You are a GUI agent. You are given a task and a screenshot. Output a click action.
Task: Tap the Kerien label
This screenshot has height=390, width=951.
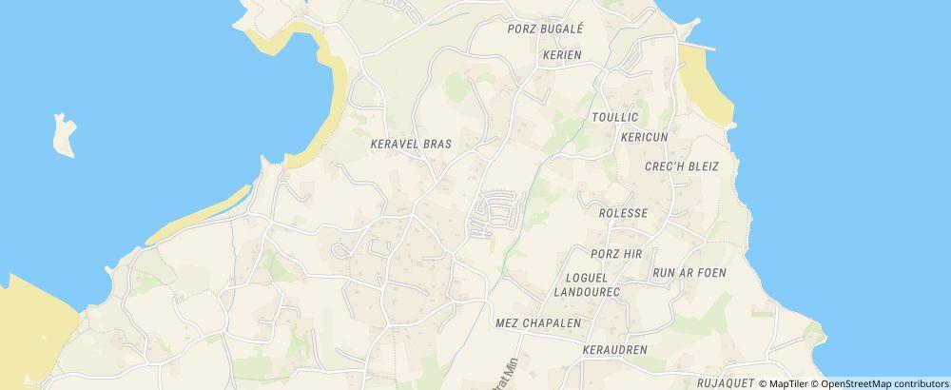pos(561,55)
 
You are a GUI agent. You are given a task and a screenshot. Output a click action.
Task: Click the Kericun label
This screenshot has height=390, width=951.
pos(644,137)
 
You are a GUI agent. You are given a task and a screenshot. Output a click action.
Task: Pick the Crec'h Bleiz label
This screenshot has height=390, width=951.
pos(681,166)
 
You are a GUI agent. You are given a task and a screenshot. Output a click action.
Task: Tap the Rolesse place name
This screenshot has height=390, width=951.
pos(623,213)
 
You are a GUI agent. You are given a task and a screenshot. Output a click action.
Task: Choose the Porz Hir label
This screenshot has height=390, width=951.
pos(616,254)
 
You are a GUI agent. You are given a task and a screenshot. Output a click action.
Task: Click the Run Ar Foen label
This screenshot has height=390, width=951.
pos(689,273)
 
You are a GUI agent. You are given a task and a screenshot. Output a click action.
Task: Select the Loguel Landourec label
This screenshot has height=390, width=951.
pos(587,284)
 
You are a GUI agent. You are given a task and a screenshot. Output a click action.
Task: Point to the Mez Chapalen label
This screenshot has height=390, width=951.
pos(538,323)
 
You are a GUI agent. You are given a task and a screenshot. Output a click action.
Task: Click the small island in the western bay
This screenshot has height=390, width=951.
pos(64,135)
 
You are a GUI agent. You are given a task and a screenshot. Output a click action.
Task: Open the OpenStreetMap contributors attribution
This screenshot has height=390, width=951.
pos(884,383)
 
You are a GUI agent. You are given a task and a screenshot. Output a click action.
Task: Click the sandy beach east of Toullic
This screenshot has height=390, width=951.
pos(705,86)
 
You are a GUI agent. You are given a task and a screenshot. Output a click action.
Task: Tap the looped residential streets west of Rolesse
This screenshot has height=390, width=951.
pos(495,213)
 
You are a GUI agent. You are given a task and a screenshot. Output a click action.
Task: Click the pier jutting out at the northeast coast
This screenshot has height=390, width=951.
pos(702,45)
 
